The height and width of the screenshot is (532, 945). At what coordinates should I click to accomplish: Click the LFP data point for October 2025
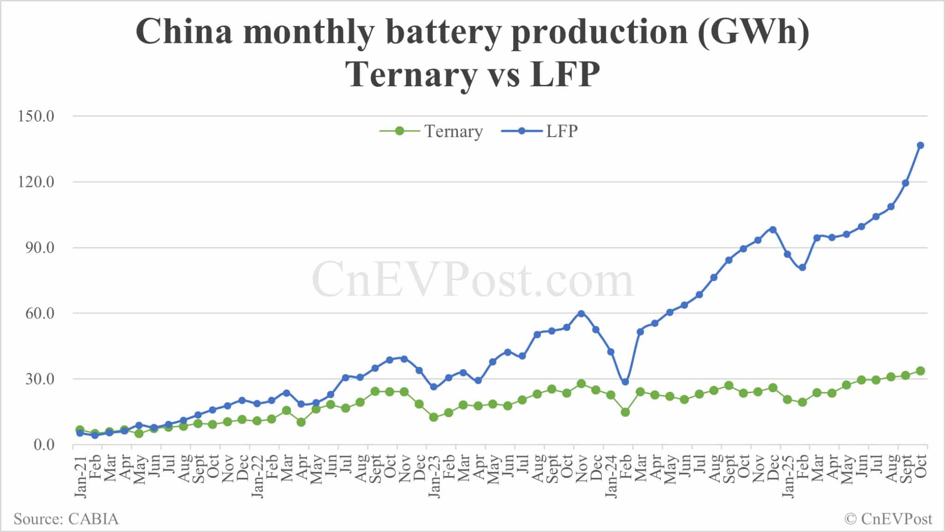click(x=920, y=145)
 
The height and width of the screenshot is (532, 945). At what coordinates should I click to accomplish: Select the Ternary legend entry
click(x=431, y=132)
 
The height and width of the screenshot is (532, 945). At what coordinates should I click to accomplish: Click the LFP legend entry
click(x=540, y=132)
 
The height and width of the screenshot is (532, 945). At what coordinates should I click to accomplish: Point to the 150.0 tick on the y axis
click(x=36, y=116)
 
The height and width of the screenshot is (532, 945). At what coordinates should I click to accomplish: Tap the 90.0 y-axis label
click(x=36, y=248)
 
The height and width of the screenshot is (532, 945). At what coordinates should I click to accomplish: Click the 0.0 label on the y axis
click(x=44, y=445)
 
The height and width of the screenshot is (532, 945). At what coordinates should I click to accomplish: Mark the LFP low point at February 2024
click(x=625, y=382)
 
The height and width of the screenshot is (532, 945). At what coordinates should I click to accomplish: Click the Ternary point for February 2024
click(x=625, y=412)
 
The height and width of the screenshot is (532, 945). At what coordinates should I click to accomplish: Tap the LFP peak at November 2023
click(x=581, y=314)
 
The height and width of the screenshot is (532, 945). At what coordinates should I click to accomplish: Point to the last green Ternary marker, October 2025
click(x=920, y=371)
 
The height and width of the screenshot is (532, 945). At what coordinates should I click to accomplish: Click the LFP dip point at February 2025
click(x=802, y=268)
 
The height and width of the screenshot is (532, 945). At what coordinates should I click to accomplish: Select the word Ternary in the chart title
click(x=411, y=75)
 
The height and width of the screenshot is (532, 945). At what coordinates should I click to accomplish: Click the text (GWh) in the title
click(x=753, y=32)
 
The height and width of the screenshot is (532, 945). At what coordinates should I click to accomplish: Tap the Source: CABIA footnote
click(x=66, y=519)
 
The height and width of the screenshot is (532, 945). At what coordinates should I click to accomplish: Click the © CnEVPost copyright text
click(x=888, y=519)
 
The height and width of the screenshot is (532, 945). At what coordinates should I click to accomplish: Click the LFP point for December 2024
click(x=773, y=230)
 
